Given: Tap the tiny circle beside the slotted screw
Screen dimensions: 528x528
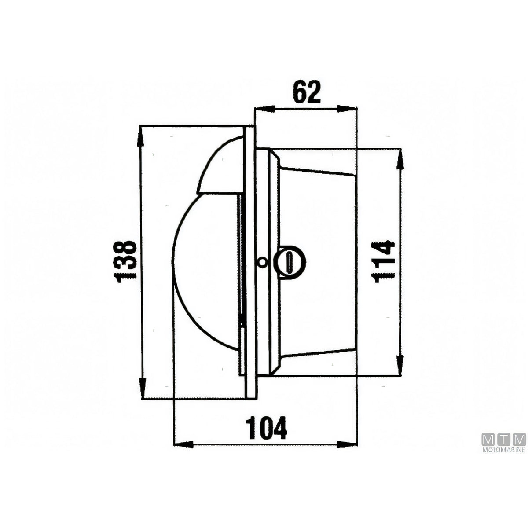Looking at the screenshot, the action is point(262,262).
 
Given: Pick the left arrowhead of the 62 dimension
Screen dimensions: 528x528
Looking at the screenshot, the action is point(265,109).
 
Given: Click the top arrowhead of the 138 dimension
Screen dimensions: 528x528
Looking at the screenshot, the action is point(140,136).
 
